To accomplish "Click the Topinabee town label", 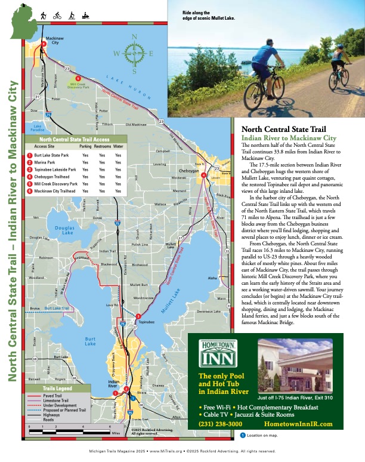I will tap(147, 321).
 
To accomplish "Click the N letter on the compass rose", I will tap(135, 36).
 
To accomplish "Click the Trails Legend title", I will tap(57, 389).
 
